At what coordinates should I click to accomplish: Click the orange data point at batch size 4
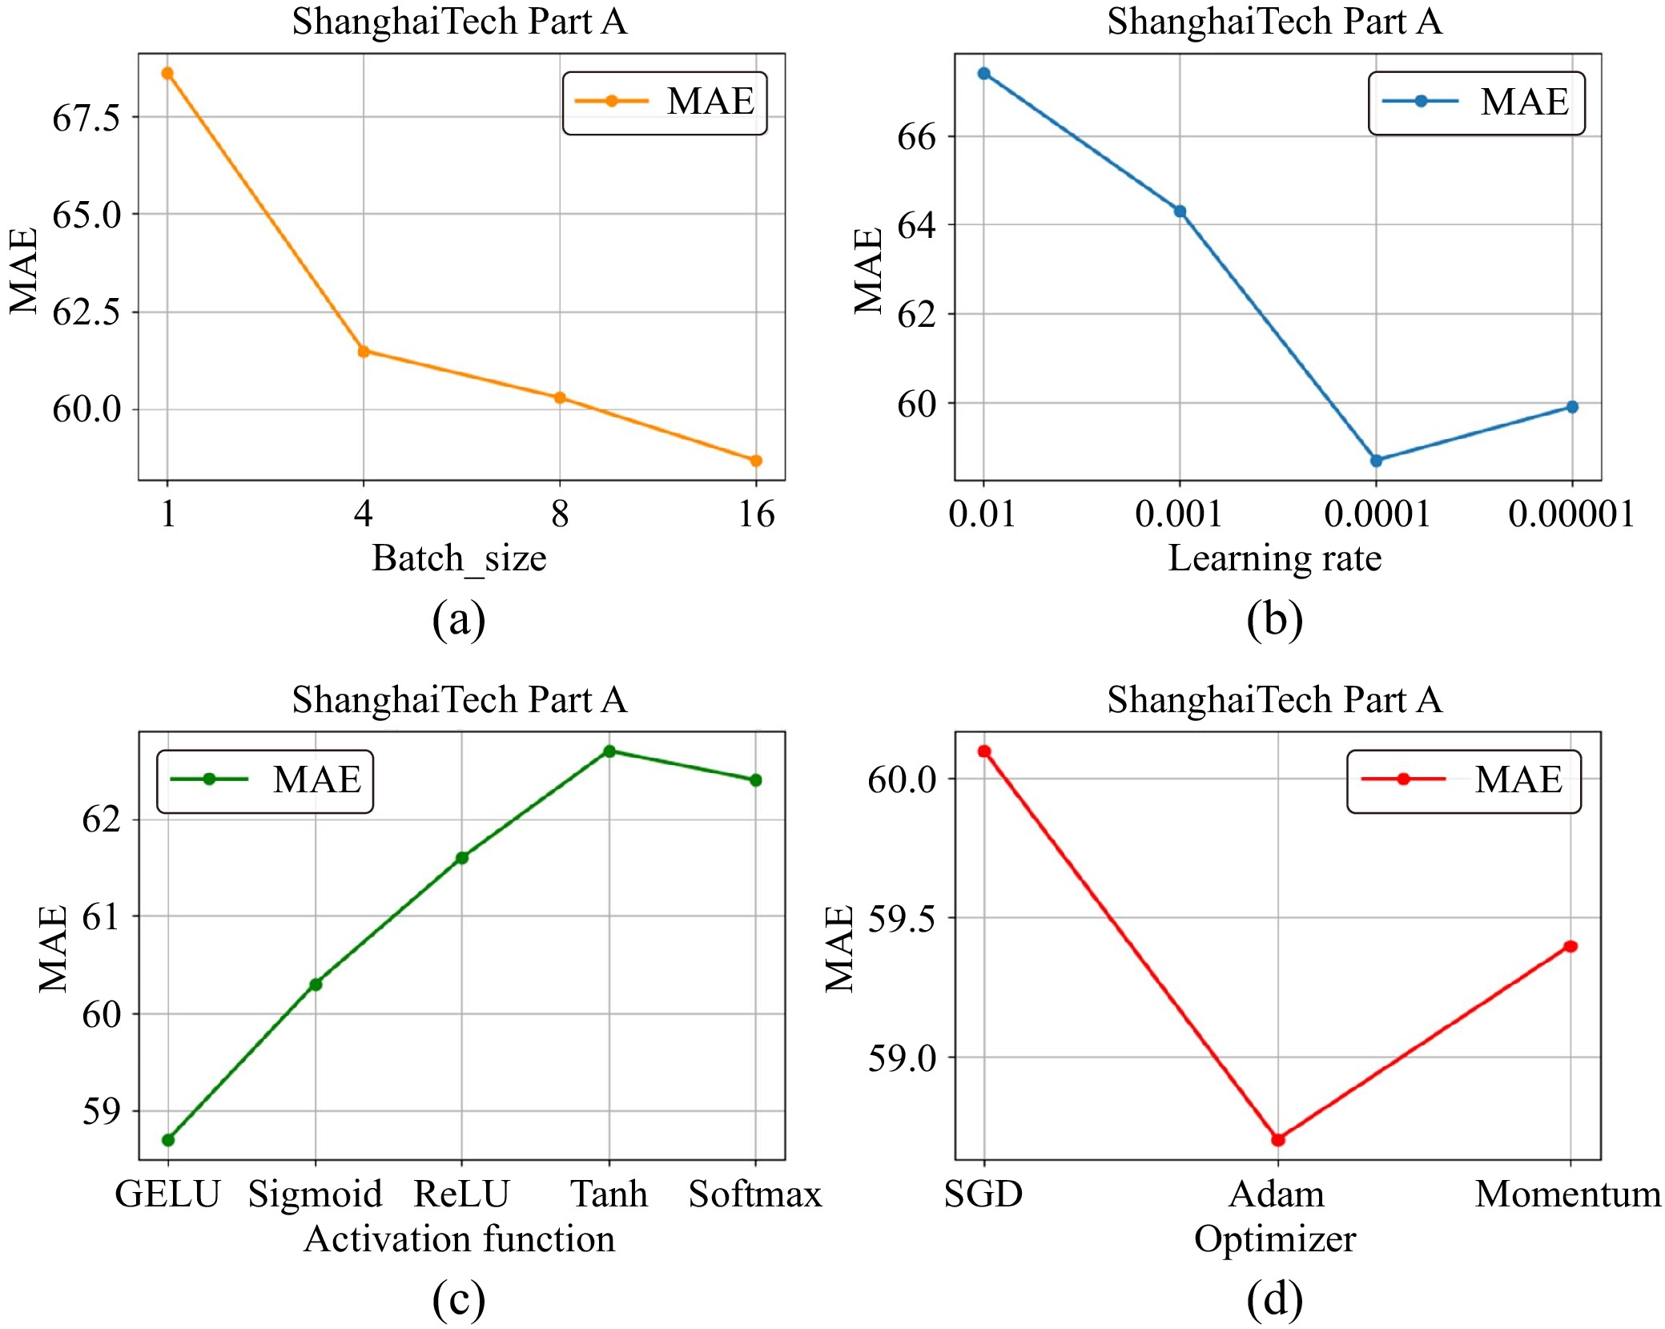364,351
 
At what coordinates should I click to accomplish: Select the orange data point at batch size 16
756,461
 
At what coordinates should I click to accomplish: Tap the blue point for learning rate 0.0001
1376,461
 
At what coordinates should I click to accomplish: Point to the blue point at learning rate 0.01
984,74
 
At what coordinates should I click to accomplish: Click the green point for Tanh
609,751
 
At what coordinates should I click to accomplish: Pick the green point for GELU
168,1140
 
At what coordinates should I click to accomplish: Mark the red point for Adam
1278,1139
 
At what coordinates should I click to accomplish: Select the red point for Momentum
1571,946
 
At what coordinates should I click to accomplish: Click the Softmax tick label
755,1194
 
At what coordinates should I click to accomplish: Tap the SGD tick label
983,1194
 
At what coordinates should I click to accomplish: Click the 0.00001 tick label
1571,513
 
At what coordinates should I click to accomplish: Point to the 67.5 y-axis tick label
86,118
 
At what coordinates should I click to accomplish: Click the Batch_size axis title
459,558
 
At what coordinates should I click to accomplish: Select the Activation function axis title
460,1239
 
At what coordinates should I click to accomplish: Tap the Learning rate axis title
1275,558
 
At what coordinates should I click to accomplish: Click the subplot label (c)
459,1299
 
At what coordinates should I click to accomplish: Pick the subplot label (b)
1275,619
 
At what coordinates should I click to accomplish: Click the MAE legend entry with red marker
1463,780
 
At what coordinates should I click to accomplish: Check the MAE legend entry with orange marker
665,102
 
